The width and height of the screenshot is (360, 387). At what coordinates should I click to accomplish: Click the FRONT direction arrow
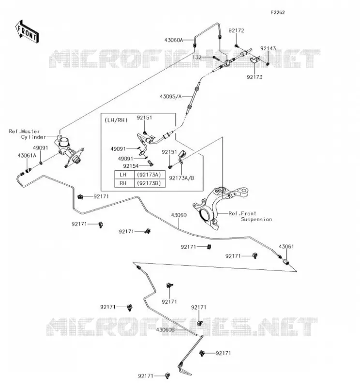tap(27, 32)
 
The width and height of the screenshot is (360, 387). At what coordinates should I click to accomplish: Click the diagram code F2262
tap(278, 13)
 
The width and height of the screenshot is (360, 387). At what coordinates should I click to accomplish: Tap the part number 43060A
tap(174, 40)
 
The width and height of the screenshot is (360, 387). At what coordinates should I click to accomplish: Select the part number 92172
tap(236, 30)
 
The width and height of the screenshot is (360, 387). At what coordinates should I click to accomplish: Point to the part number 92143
tap(268, 48)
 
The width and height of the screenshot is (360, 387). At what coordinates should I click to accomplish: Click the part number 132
tap(197, 57)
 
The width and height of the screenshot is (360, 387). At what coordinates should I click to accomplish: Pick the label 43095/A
tap(171, 96)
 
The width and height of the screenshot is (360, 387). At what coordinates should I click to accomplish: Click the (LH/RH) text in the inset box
tap(116, 120)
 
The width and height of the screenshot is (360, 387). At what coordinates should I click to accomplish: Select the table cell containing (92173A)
tap(150, 175)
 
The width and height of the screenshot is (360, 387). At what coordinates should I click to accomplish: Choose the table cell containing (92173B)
tap(150, 183)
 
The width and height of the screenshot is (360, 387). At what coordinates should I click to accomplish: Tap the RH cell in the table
tap(124, 183)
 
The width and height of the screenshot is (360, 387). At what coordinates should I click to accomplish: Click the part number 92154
tap(131, 166)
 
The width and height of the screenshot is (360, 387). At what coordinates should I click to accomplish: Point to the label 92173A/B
tap(181, 178)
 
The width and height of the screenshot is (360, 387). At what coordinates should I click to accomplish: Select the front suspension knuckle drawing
tap(219, 208)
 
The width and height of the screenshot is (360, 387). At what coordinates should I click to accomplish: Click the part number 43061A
tap(27, 155)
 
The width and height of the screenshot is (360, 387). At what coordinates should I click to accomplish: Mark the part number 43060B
tap(165, 329)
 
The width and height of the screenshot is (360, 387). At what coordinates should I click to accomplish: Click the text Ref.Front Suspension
tap(250, 216)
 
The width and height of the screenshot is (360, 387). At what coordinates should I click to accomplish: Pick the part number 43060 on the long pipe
tap(179, 215)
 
